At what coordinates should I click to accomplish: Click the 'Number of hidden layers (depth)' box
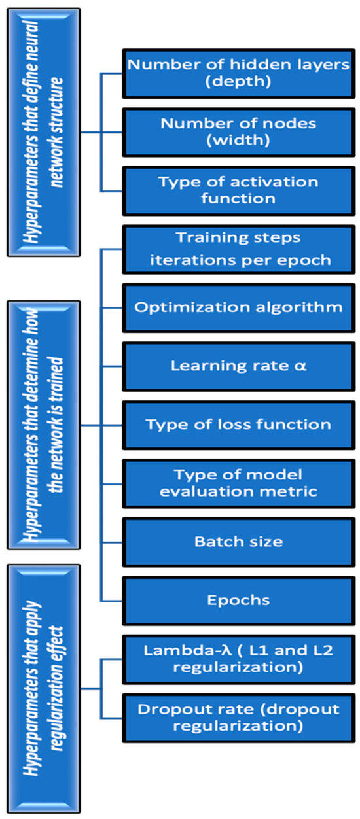point(238,73)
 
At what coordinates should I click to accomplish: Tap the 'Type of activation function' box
point(238,190)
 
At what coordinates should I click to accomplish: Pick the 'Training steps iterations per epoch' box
point(238,249)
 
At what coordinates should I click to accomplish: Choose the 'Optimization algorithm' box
point(238,307)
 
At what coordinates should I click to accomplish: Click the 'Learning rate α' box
point(238,365)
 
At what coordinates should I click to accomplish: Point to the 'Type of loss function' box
point(238,424)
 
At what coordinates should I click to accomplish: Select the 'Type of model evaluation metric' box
point(238,483)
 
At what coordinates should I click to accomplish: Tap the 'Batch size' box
point(238,542)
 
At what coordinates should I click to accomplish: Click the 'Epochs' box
point(238,599)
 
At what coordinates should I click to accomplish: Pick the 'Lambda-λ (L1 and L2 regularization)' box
point(238,658)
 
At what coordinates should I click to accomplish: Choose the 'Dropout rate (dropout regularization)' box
point(238,717)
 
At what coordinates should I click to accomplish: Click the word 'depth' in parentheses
point(238,83)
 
